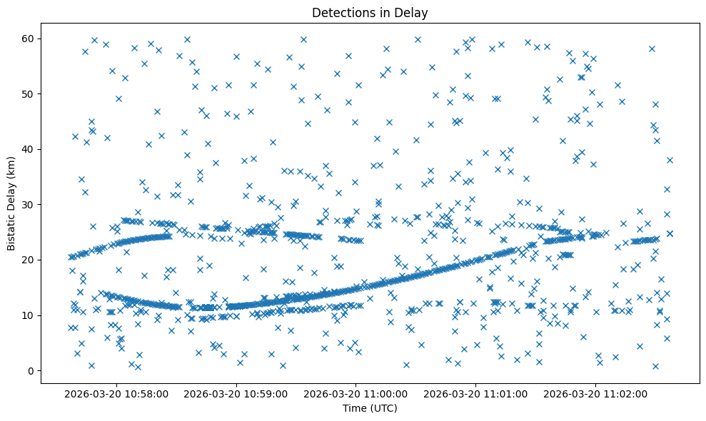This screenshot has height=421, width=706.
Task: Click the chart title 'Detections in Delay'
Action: (370, 12)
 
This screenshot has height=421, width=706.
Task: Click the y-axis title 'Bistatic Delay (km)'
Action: (11, 203)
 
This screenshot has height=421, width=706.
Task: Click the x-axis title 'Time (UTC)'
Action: (370, 408)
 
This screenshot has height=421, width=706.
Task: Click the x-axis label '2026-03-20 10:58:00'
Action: (117, 393)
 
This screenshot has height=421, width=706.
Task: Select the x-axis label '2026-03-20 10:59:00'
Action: (236, 393)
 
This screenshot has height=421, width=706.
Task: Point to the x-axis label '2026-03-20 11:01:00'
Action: (475, 393)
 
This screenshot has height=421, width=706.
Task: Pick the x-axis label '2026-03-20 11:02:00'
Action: (595, 393)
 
